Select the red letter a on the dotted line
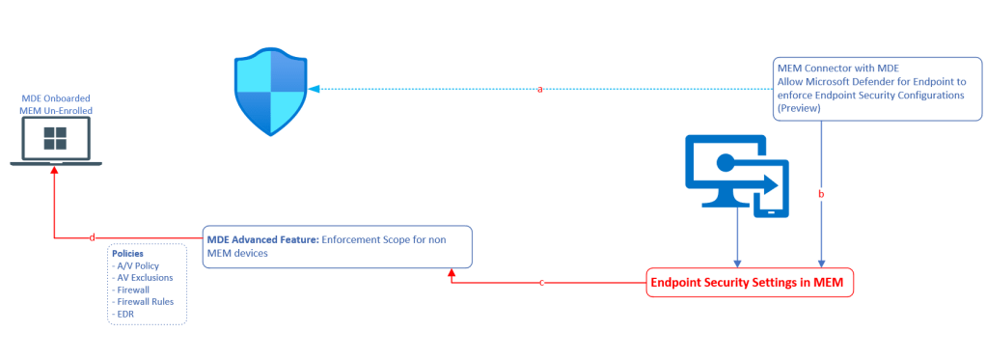539,89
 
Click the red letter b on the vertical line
821,194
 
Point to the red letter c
542,283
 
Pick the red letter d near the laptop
92,236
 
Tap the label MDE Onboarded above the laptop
55,99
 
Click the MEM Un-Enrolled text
55,112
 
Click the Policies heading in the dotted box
128,253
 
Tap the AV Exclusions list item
143,277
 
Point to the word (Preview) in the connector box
799,109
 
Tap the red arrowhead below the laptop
56,170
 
